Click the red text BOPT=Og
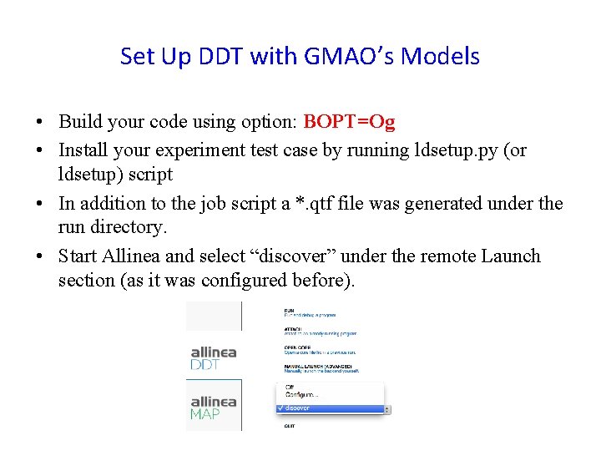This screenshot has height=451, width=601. pos(349,122)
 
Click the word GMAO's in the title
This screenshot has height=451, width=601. pos(346,57)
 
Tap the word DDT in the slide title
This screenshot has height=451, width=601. pos(220,57)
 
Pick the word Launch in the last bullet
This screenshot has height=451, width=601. pos(511,256)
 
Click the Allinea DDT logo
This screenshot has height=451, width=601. pos(214,357)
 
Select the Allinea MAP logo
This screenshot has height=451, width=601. pos(214,407)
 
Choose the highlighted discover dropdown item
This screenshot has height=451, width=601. pos(332,408)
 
